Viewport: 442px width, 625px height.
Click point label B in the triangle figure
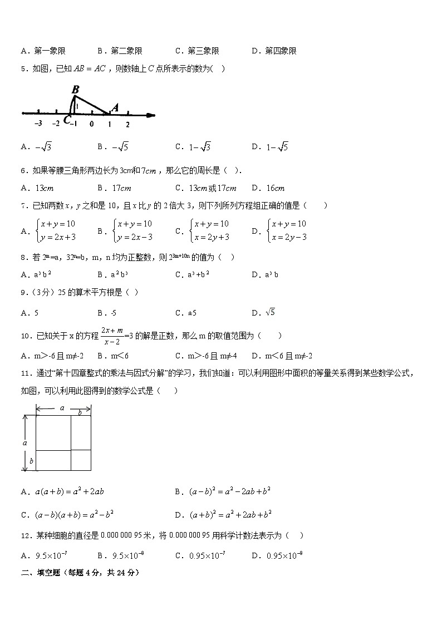pos(75,89)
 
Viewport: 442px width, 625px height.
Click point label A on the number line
pos(115,107)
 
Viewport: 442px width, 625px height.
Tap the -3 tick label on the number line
pos(38,125)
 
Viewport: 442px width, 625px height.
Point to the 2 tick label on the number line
pos(127,125)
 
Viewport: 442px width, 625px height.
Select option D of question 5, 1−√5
pos(270,147)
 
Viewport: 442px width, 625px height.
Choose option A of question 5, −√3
pos(37,147)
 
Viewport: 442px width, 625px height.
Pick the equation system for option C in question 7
pos(209,230)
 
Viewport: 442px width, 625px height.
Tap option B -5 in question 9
pos(113,313)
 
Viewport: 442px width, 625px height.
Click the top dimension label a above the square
pos(62,408)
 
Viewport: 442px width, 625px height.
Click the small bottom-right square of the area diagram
pos(81,460)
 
